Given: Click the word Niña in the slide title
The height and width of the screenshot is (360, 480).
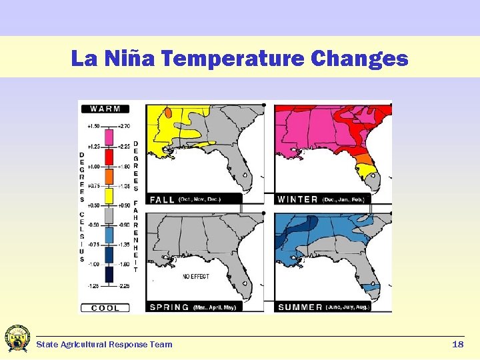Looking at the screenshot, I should [130, 59].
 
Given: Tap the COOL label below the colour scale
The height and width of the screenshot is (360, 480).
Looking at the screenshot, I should [105, 308].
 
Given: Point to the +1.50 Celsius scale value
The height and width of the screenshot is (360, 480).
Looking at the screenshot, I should [93, 125].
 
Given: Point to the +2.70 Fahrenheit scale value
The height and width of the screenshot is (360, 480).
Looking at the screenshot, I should [123, 125].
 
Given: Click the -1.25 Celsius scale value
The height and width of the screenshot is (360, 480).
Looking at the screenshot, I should [93, 286].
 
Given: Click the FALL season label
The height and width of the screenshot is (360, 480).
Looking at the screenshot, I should [162, 199].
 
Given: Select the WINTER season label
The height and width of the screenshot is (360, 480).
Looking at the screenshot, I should [297, 199].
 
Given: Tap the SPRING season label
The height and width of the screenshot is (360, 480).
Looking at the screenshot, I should [169, 307].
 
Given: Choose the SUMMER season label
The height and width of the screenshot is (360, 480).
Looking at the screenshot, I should [301, 307].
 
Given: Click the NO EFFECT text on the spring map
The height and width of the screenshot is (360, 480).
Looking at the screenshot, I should [198, 276].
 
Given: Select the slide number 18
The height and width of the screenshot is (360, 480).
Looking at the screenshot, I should [457, 345].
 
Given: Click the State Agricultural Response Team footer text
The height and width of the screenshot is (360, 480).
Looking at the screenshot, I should [104, 345].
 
